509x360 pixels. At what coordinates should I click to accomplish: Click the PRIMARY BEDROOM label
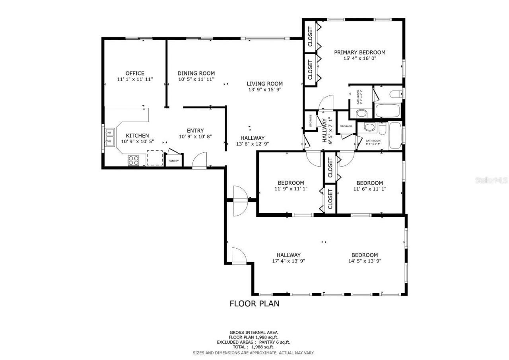359,52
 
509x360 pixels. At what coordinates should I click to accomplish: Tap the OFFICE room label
135,73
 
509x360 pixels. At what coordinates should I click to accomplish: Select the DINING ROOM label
196,73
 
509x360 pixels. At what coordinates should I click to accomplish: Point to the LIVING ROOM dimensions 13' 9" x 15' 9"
264,90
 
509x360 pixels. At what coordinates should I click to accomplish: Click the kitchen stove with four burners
134,160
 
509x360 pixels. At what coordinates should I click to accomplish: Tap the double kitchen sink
110,136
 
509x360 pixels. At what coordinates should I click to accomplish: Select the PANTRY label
174,161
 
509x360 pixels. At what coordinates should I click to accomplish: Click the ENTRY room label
195,130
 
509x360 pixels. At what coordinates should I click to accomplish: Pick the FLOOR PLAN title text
254,304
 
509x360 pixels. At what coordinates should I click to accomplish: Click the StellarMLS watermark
491,180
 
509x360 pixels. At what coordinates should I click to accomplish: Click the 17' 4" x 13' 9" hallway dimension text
288,261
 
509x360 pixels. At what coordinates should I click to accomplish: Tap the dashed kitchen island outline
155,158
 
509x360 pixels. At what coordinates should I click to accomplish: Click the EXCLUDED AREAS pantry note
253,342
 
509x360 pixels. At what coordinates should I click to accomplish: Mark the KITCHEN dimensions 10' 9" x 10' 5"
137,142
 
